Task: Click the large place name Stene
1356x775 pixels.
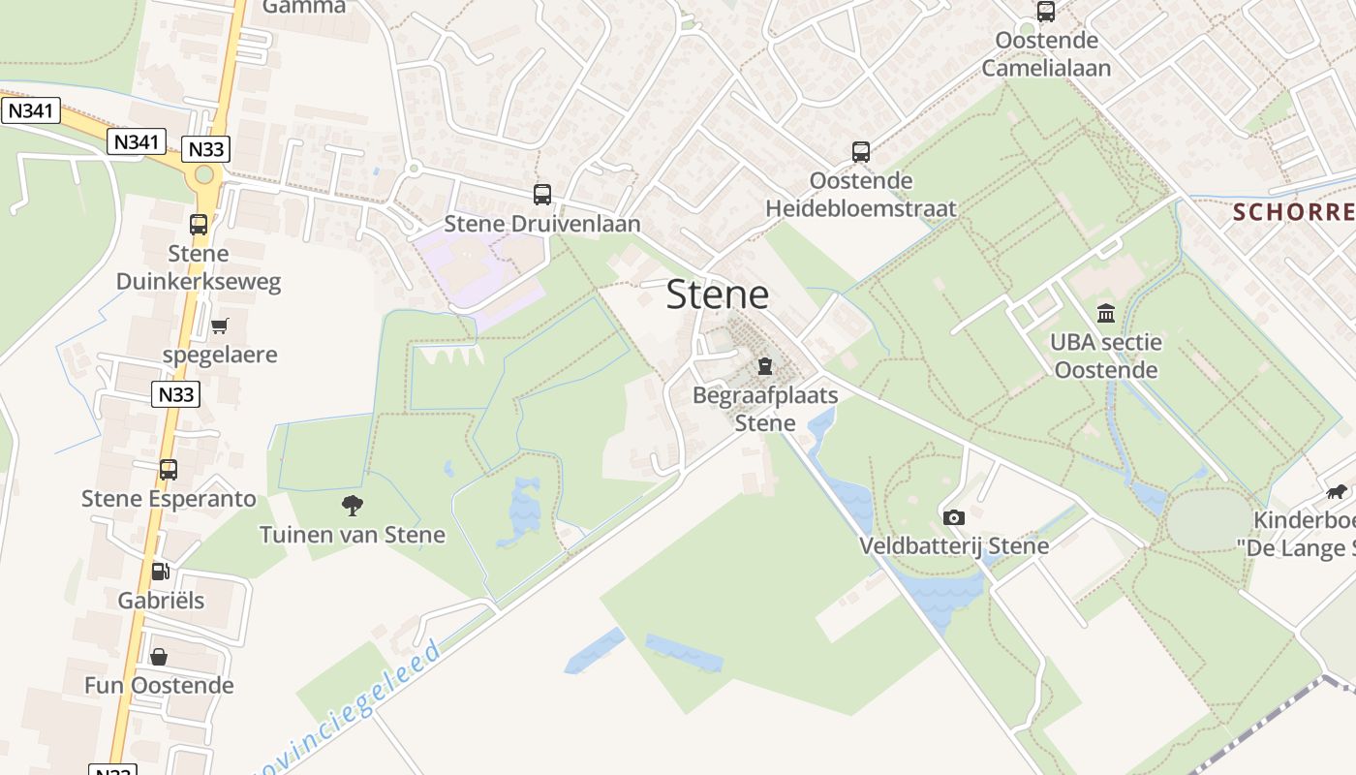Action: point(717,294)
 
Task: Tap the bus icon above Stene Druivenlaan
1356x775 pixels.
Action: point(542,195)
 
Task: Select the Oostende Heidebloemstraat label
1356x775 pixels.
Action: point(861,195)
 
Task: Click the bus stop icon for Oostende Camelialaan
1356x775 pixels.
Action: point(1046,12)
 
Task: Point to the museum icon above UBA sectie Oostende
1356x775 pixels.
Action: point(1106,313)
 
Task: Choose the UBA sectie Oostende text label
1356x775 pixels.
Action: point(1106,356)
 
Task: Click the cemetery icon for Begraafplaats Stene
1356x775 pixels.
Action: point(765,366)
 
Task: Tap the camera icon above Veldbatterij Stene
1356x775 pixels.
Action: point(954,517)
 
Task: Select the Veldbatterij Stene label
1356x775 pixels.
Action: point(954,545)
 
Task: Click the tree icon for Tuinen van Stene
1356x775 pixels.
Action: point(353,505)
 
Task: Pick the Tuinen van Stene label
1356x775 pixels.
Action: point(353,534)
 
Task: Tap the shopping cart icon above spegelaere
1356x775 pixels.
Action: point(220,325)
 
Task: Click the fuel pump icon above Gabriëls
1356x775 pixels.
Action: point(161,571)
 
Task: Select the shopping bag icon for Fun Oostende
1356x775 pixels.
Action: point(159,657)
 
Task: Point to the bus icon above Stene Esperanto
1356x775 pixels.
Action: point(169,470)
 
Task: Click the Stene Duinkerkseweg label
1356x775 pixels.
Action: point(199,267)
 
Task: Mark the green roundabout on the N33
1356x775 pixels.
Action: point(203,174)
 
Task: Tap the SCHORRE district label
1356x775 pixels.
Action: point(1293,212)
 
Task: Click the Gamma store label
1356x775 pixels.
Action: point(304,7)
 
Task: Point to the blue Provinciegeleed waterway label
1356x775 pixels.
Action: point(349,707)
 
